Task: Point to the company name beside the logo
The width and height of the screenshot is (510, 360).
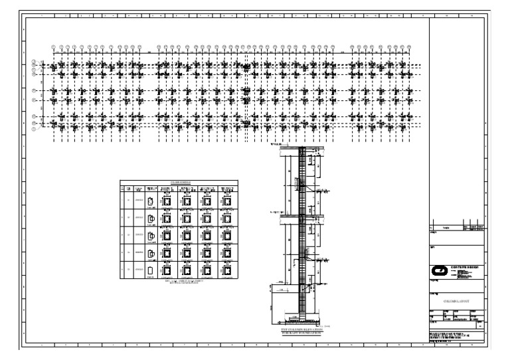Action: click(x=464, y=266)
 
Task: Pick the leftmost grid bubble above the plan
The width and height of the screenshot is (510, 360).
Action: click(x=54, y=46)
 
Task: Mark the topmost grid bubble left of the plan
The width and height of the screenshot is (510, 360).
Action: click(x=35, y=62)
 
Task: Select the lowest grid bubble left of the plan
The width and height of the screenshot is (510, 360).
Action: click(x=35, y=129)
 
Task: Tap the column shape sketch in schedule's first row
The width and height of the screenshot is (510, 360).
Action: click(x=151, y=201)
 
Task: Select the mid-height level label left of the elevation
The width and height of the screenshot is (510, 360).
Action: click(x=274, y=213)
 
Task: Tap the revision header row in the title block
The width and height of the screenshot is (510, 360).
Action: click(x=456, y=227)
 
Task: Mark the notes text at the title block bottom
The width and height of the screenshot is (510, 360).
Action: click(x=456, y=335)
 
